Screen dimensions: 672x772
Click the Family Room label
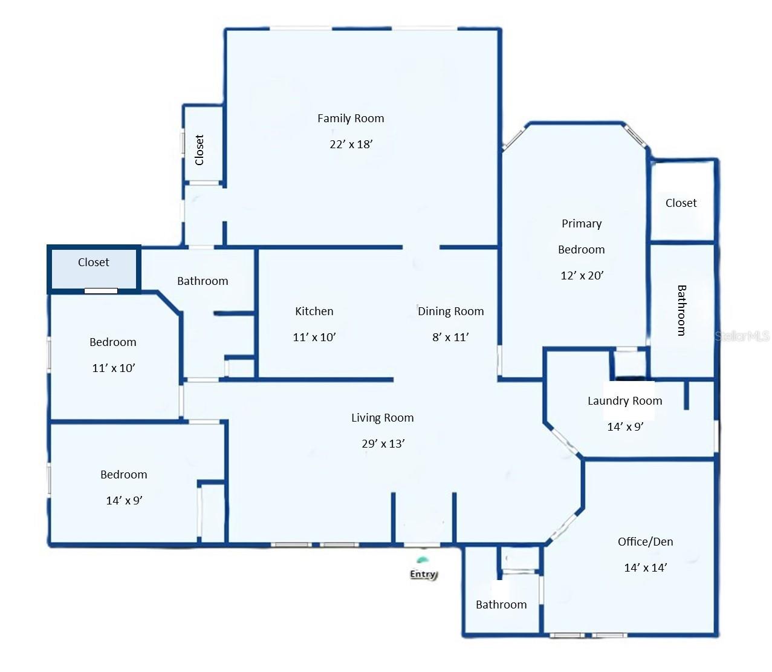coord(351,119)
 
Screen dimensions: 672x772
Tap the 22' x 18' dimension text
coord(351,144)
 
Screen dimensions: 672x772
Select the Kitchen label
coord(314,312)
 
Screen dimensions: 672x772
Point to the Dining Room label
coord(451,312)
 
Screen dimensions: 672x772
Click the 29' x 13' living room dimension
coord(383,443)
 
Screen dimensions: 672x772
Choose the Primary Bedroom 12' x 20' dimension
coord(582,275)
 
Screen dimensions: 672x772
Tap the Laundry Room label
coord(624,401)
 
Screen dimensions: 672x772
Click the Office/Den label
coord(645,542)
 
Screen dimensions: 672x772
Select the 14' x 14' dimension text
coord(645,567)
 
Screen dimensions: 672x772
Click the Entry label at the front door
coord(423,574)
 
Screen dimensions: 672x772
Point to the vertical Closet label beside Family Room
coord(199,149)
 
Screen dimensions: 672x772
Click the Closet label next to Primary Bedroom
coord(681,203)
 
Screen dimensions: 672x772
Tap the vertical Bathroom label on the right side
coord(681,310)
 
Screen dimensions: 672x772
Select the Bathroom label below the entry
coord(501,605)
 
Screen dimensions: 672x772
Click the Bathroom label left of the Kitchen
coord(203,281)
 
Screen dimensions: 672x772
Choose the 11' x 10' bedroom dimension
coord(113,368)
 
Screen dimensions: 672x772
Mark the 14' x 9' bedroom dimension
coord(124,500)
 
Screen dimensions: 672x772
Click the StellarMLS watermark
coord(742,336)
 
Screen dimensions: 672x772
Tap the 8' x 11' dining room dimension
coord(450,337)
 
